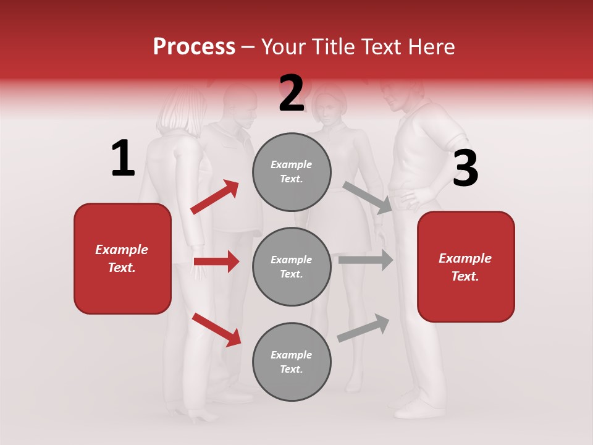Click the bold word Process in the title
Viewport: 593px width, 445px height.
coord(194,47)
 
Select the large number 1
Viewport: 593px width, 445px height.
coord(123,159)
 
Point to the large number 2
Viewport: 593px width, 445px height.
coord(292,93)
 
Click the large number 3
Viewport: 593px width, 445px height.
coord(465,169)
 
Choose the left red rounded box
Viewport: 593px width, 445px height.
coord(122,258)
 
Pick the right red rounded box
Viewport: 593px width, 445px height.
coord(466,266)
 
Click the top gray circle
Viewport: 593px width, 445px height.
coord(292,172)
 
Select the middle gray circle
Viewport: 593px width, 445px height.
coord(292,266)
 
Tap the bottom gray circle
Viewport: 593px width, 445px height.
coord(292,362)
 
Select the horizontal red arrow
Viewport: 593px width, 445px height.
coord(216,261)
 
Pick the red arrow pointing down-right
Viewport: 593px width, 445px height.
coord(216,329)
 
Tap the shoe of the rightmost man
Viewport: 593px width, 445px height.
coord(418,409)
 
